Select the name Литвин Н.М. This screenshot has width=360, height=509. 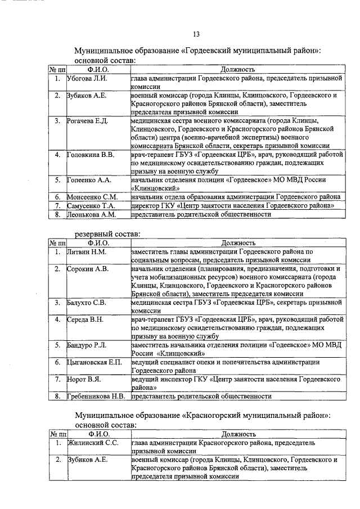tap(85, 252)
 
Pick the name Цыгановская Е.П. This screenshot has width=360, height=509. tap(94, 362)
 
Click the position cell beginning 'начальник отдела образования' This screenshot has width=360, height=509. tap(235, 197)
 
